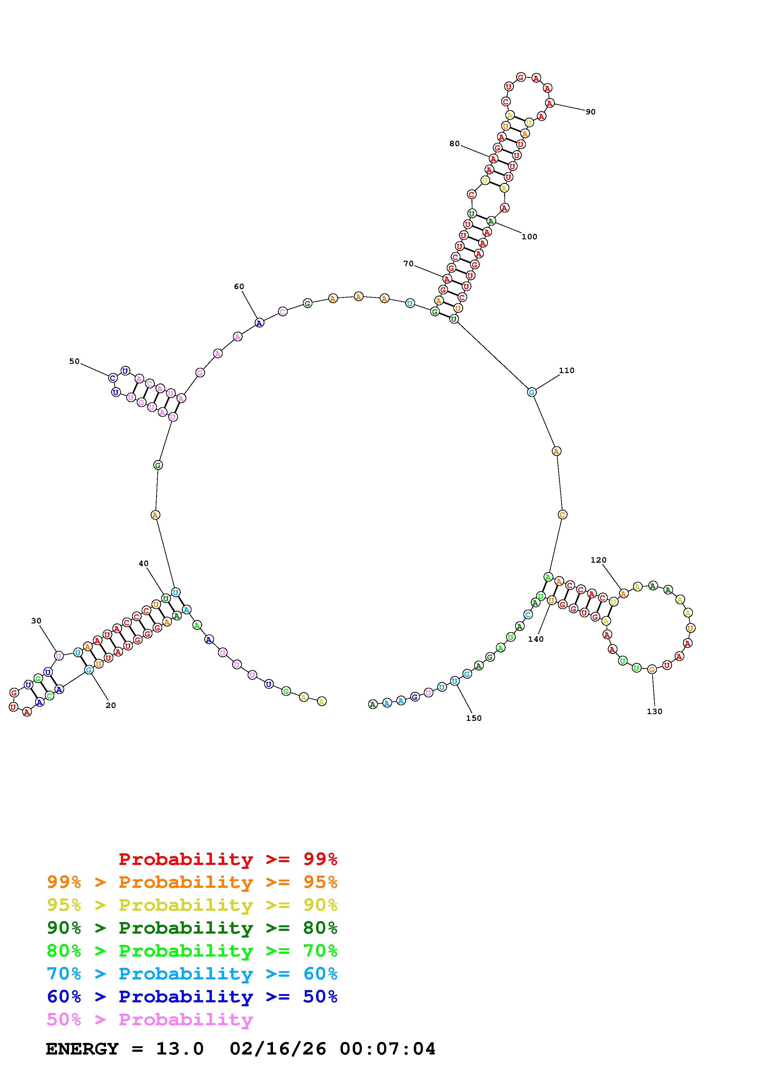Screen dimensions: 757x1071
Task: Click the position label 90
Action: pyautogui.click(x=591, y=112)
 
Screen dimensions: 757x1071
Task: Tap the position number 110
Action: pyautogui.click(x=567, y=370)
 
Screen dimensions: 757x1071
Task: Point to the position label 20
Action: pyautogui.click(x=111, y=705)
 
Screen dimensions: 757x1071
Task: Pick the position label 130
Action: pyautogui.click(x=654, y=711)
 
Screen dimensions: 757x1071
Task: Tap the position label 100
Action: pyautogui.click(x=530, y=237)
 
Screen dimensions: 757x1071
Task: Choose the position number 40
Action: pyautogui.click(x=144, y=564)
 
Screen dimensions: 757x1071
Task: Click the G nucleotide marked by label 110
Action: pyautogui.click(x=532, y=392)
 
